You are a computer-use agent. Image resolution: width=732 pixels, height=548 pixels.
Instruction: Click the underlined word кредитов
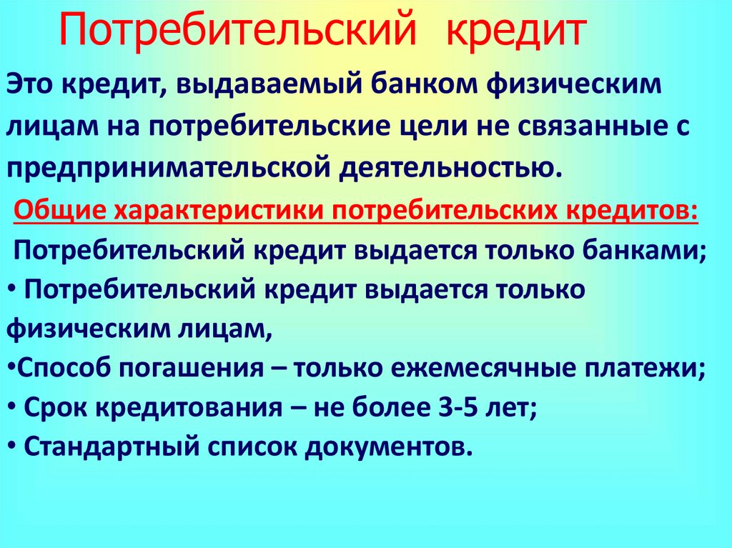(630, 211)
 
